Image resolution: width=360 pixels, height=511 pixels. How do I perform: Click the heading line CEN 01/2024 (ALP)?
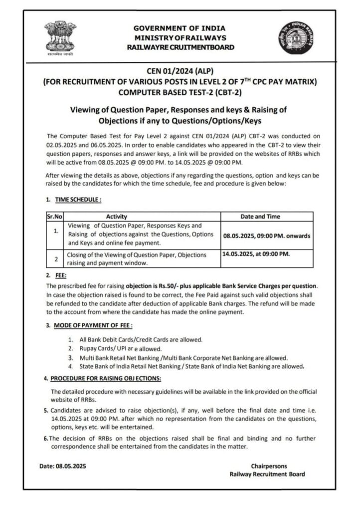tap(180, 71)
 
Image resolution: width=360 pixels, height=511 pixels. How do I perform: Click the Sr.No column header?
tap(53, 217)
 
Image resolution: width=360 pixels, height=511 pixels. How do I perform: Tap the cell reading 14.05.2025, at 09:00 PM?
tap(255, 254)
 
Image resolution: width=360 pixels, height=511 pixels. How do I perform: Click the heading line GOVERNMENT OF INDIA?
tap(180, 28)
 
